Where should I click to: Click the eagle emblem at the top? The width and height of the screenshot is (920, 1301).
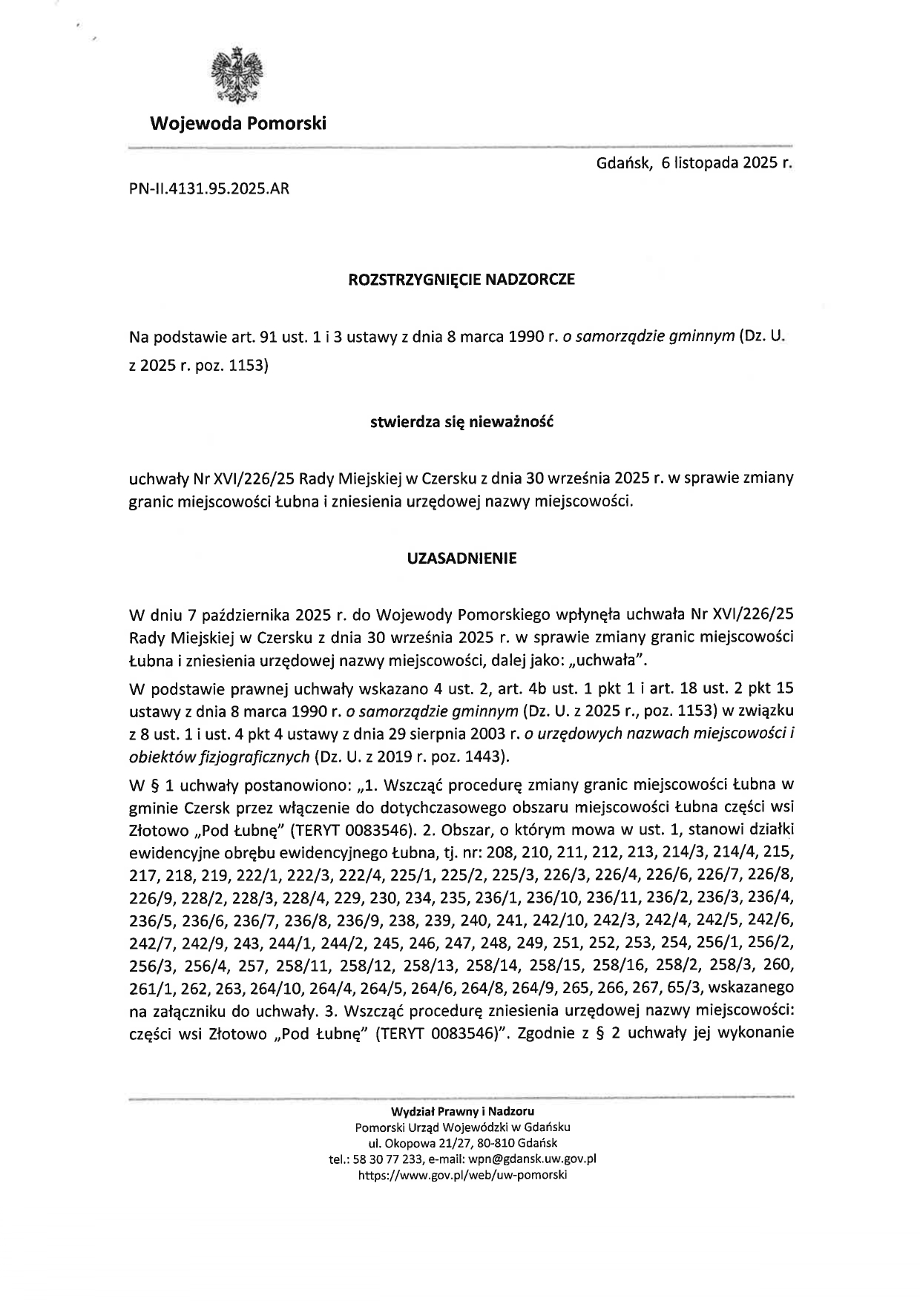[237, 76]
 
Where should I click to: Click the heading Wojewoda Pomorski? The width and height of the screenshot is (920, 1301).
[237, 123]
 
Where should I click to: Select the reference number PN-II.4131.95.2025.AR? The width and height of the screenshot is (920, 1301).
[208, 189]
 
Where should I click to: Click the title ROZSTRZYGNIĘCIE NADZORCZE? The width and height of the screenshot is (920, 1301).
[461, 280]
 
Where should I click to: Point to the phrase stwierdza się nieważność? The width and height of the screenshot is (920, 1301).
[461, 423]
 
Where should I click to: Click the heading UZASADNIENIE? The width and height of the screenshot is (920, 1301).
[461, 559]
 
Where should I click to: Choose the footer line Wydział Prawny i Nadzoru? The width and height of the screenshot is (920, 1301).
[462, 1110]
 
